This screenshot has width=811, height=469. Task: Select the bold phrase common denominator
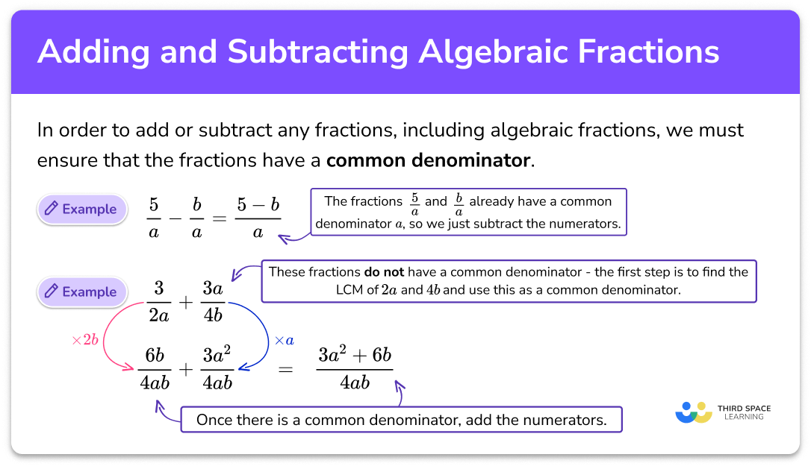429,160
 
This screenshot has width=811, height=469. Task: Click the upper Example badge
80,210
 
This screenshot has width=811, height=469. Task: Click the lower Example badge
80,292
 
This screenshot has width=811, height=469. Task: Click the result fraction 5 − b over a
258,217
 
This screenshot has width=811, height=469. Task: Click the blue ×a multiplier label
285,340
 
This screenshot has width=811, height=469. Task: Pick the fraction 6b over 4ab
155,369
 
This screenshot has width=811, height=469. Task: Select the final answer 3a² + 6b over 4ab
354,369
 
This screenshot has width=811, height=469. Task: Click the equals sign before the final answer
285,370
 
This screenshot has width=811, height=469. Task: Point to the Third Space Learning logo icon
693,412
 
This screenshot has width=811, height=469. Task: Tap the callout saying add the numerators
401,420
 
